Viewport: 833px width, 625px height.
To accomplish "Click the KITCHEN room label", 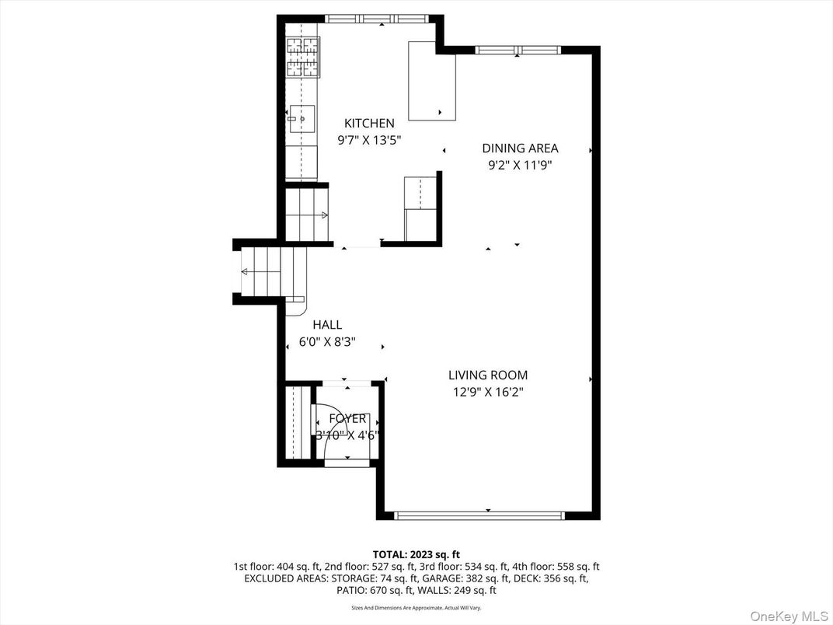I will [369, 123].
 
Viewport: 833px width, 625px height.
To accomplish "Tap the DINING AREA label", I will [520, 148].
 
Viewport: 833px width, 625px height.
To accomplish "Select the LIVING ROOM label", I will [488, 375].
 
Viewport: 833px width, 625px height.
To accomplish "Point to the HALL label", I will [327, 325].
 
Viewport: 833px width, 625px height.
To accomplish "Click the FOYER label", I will [347, 419].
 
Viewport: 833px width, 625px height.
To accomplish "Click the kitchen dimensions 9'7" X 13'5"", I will [369, 140].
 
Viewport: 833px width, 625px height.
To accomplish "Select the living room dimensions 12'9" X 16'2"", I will [488, 393].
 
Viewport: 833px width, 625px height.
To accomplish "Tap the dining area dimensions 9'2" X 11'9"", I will [520, 165].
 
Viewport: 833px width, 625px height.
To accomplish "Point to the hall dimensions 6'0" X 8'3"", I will [327, 342].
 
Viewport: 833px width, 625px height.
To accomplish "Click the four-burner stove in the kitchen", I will [302, 56].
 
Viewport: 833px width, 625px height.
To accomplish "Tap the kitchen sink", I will [302, 118].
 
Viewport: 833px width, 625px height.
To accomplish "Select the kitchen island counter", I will [432, 81].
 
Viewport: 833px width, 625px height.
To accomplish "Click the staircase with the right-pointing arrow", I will [307, 214].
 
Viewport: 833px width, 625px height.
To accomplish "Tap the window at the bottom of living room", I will [479, 515].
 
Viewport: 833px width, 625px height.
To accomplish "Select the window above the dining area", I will [518, 51].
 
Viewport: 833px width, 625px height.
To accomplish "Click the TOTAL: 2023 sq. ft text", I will [416, 554].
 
